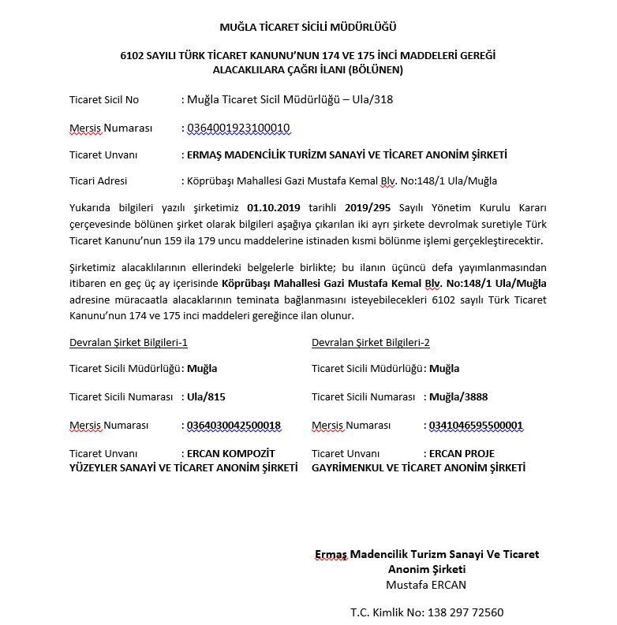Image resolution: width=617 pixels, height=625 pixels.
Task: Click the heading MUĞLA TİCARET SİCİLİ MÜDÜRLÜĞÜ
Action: coord(308,28)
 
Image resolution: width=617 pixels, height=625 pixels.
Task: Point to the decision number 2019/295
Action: coord(368,208)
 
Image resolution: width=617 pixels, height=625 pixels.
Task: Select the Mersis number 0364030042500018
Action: coord(234,426)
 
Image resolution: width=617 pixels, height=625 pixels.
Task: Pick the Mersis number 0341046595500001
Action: coord(476,426)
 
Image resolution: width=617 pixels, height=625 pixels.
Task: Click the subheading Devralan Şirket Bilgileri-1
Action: coord(128,342)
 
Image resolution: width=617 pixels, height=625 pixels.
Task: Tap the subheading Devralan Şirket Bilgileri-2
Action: coord(371,342)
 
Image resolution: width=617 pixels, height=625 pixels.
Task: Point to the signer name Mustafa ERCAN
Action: coord(427,584)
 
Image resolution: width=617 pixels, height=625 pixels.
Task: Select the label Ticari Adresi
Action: coord(98,180)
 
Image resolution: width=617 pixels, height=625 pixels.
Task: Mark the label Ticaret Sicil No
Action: coord(103,99)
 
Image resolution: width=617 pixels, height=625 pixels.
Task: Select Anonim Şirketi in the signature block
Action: coord(427,569)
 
